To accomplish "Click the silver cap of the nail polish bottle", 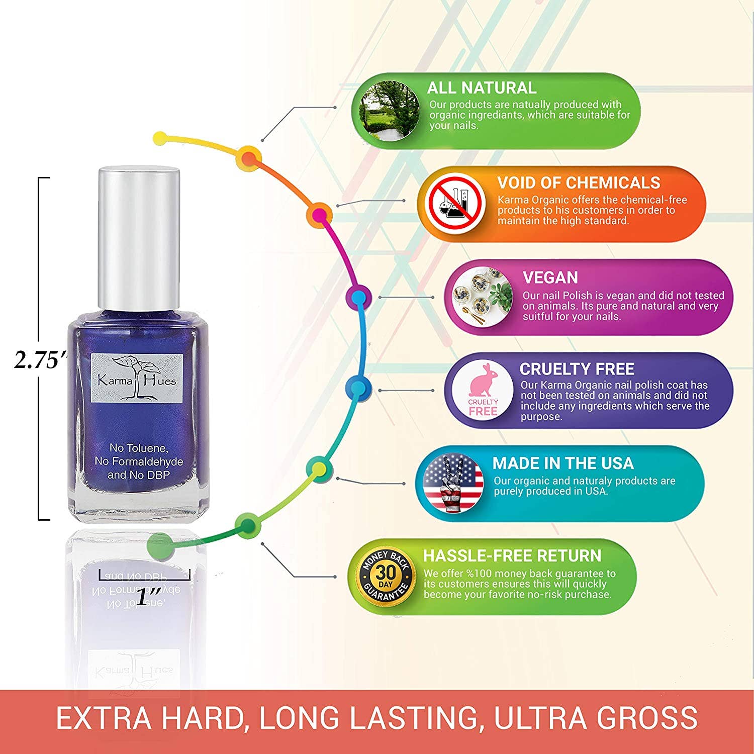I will click(x=139, y=239).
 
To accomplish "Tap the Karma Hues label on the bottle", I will click(x=137, y=379).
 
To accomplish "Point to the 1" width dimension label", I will click(x=149, y=597).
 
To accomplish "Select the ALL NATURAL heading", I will click(x=481, y=88).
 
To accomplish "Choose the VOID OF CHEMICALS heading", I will click(x=579, y=182).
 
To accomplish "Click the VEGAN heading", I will click(x=550, y=277).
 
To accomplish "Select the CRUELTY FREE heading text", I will click(x=577, y=369).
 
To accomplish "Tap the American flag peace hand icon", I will click(x=453, y=483).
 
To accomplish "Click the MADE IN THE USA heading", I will click(x=562, y=463).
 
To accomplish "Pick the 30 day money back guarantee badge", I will click(x=386, y=576).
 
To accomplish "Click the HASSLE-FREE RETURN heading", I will click(x=512, y=555).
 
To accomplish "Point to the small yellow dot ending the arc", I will click(x=159, y=137).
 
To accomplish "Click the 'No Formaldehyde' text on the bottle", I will click(x=139, y=461).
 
